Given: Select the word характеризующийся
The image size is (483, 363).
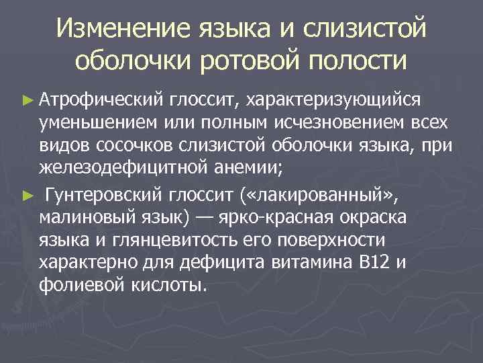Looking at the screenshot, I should click(333, 100).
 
